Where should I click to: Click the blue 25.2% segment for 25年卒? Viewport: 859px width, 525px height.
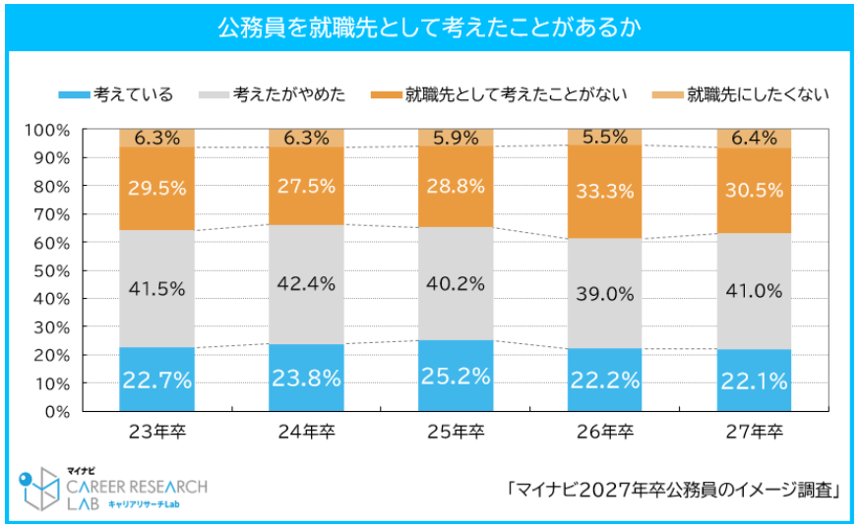pyautogui.click(x=456, y=376)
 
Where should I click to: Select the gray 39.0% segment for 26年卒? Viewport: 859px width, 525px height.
pyautogui.click(x=604, y=293)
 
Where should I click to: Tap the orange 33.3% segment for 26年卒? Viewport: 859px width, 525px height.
pyautogui.click(x=604, y=192)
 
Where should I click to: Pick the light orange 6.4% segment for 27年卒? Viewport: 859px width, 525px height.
pyautogui.click(x=754, y=138)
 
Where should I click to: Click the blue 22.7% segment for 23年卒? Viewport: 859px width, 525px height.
pyautogui.click(x=156, y=379)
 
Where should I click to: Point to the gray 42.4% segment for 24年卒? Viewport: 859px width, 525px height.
pyautogui.click(x=306, y=284)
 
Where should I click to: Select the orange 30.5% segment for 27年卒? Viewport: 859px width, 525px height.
pyautogui.click(x=754, y=190)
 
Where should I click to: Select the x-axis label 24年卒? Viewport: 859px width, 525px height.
pyautogui.click(x=306, y=433)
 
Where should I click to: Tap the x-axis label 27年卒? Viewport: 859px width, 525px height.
pyautogui.click(x=754, y=433)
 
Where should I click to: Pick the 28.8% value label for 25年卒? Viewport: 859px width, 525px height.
pyautogui.click(x=456, y=185)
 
